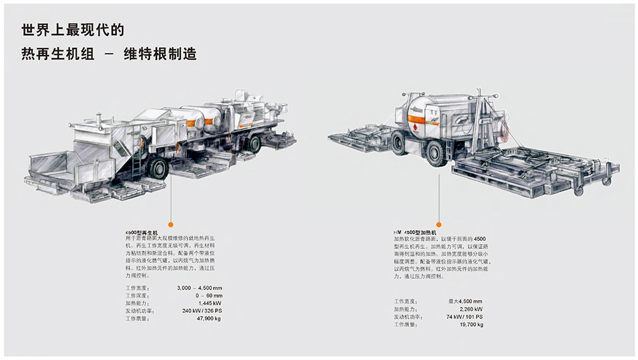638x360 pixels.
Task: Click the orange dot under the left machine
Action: pos(170,225)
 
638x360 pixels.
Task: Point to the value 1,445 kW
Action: pos(209,303)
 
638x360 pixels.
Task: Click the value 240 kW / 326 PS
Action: pos(201,311)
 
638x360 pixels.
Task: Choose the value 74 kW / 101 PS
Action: pos(464,317)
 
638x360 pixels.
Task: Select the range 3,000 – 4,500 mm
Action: pos(200,289)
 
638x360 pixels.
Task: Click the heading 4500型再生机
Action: pos(142,232)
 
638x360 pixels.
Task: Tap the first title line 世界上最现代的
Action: pos(72,30)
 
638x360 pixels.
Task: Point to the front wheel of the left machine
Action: pos(159,169)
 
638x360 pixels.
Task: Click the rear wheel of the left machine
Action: pos(253,144)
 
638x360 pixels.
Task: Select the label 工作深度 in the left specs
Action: pos(138,296)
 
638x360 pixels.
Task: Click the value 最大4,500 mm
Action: pos(465,301)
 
